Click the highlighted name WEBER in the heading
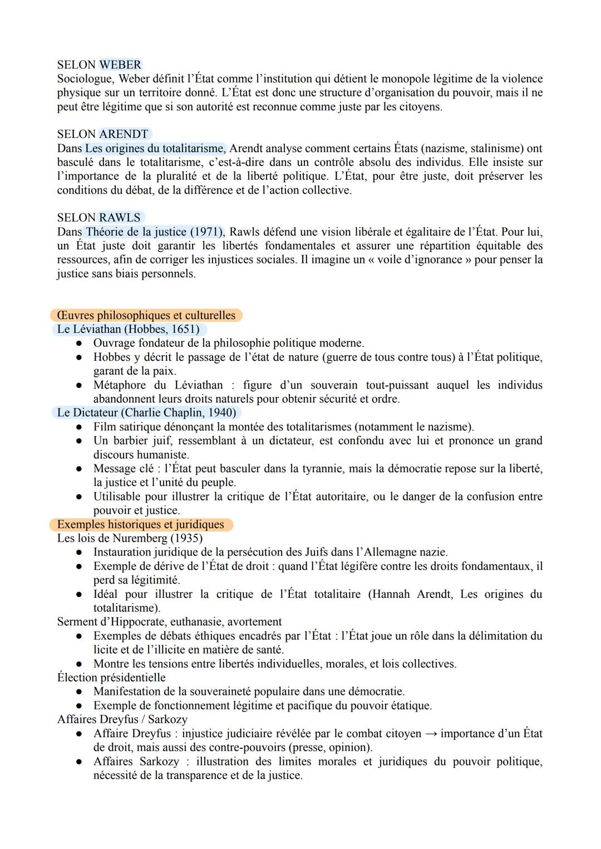coord(120,65)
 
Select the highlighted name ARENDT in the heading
coord(124,134)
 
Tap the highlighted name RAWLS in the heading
coord(120,218)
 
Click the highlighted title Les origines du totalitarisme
coord(155,149)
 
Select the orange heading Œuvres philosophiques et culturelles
coord(146,315)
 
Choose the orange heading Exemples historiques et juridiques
coord(140,524)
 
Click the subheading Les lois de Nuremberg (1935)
coord(130,538)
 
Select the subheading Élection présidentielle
coord(111,678)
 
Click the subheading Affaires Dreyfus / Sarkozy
coord(122,719)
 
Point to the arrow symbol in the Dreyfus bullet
coord(431,734)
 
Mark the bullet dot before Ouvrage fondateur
coord(80,343)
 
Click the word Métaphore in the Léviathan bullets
coord(120,385)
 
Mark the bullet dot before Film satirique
coord(80,427)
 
